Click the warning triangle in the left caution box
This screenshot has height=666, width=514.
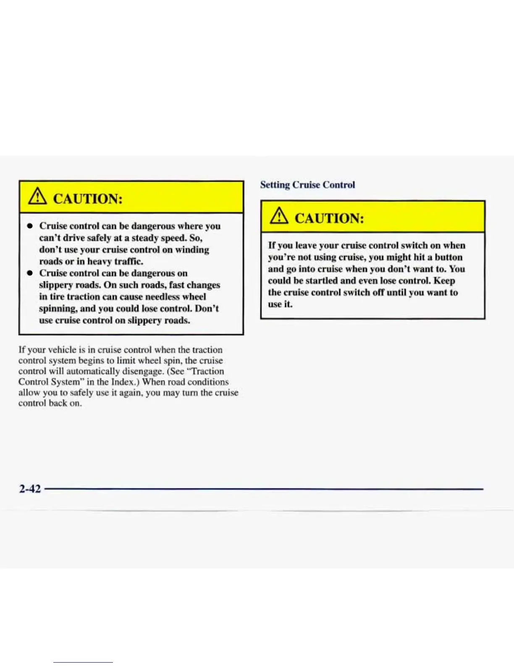pos(37,197)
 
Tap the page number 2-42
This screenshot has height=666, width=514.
pos(30,489)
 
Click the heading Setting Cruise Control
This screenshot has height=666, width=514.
pos(307,185)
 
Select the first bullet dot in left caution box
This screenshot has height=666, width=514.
pos(30,226)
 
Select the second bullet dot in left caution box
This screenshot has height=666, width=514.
pos(30,273)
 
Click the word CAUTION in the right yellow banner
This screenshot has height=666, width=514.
pos(329,218)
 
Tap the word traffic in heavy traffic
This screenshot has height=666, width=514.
pos(128,262)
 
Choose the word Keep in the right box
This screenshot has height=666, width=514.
pos(444,281)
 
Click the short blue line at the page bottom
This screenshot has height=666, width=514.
pos(83,662)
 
